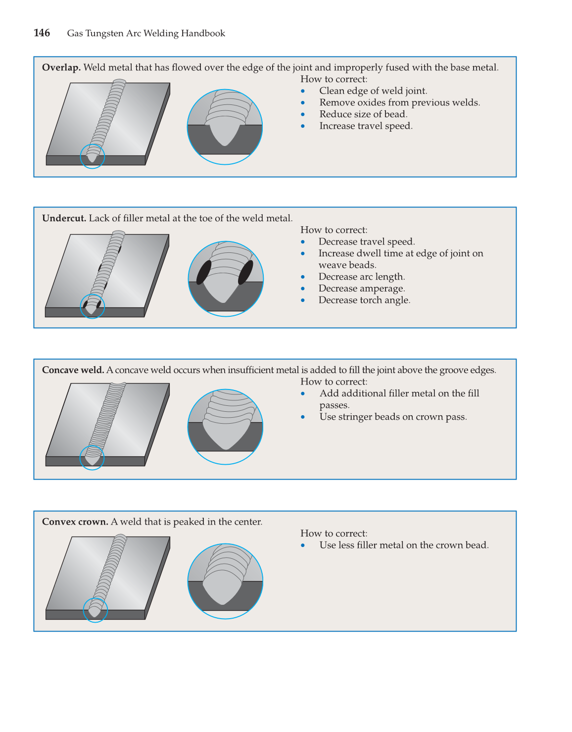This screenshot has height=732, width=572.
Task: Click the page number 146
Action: pos(42,33)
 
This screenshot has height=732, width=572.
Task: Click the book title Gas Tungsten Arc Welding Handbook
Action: pos(146,34)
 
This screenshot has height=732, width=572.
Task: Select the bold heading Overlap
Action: pos(61,68)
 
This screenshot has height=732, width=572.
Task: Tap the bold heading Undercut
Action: pos(64,218)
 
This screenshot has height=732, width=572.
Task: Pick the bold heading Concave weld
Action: pos(73,370)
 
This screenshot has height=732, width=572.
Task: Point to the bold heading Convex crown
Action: pos(75,522)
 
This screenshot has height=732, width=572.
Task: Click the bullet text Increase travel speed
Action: pos(366,126)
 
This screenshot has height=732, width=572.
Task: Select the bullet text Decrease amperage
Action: pos(361,289)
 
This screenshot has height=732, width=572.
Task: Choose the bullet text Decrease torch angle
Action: pos(364,300)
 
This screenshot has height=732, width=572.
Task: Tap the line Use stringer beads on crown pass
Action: pos(393,417)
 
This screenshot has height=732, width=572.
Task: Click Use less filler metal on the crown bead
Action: pos(404,545)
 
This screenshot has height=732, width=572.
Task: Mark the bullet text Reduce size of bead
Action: pos(363,114)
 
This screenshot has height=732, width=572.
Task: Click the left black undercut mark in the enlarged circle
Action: pos(204,272)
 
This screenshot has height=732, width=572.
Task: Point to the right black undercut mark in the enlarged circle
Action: pos(245,272)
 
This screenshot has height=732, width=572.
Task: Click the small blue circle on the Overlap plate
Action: pos(93,156)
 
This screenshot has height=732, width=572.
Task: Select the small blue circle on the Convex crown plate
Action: pos(95,610)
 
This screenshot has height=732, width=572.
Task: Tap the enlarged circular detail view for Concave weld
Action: pos(225,427)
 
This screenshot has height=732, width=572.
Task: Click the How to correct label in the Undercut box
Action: pos(334,230)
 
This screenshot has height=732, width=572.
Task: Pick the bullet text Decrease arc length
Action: pos(361,277)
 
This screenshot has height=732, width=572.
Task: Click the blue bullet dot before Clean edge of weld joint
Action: pos(303,91)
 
